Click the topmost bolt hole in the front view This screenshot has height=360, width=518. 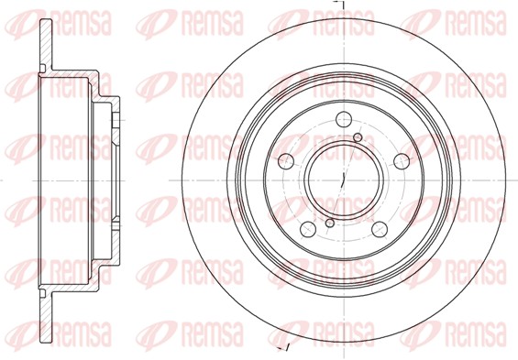pos(343,119)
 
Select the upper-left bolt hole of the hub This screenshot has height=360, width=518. pos(286,160)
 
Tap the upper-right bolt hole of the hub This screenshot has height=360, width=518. pos(402,160)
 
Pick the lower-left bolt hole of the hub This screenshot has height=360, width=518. pos(308,228)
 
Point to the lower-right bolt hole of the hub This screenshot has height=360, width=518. pos(380,229)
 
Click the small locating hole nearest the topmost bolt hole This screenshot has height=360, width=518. pos(358,136)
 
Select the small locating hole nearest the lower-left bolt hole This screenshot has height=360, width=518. pos(330,224)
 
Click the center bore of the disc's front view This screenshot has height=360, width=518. pos(344,180)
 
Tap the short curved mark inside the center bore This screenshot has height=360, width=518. pos(344,179)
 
